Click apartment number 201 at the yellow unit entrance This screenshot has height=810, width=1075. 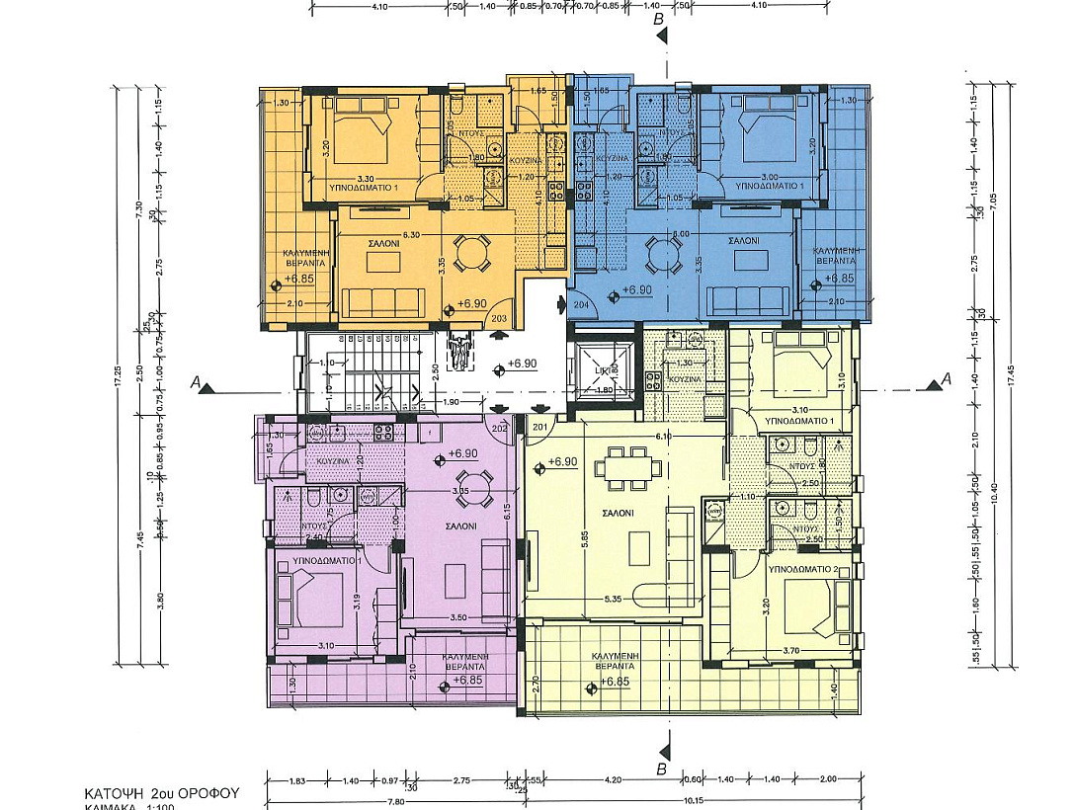(x=539, y=426)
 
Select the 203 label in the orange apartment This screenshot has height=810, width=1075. (x=499, y=318)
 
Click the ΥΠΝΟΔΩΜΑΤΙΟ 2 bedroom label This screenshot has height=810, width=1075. (x=803, y=570)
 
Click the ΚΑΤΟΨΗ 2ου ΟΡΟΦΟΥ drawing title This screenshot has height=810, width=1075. (x=161, y=793)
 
